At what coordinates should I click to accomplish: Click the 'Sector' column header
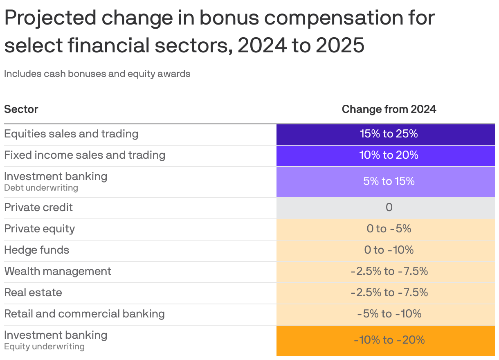(x=21, y=109)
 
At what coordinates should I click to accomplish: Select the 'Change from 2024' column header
(x=389, y=109)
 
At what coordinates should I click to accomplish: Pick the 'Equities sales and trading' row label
(x=71, y=134)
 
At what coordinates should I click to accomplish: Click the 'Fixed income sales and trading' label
(x=85, y=155)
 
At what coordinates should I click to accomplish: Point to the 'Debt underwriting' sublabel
(x=41, y=188)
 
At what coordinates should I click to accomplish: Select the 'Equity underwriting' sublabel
(x=44, y=346)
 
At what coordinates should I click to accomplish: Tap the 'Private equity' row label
(x=39, y=229)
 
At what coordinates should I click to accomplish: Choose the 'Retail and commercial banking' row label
(x=84, y=314)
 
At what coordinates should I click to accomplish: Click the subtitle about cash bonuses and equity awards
(x=97, y=74)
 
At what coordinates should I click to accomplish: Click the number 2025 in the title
(x=340, y=45)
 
